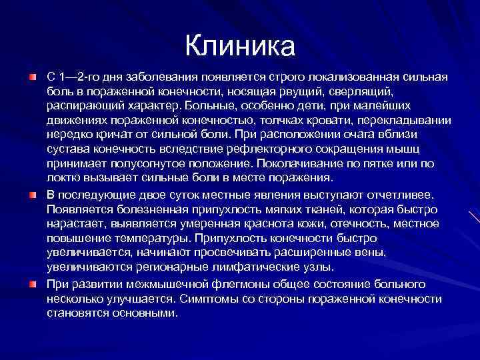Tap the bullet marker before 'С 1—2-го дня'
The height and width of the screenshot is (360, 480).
(32, 78)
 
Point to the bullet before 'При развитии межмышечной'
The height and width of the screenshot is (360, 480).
(32, 283)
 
